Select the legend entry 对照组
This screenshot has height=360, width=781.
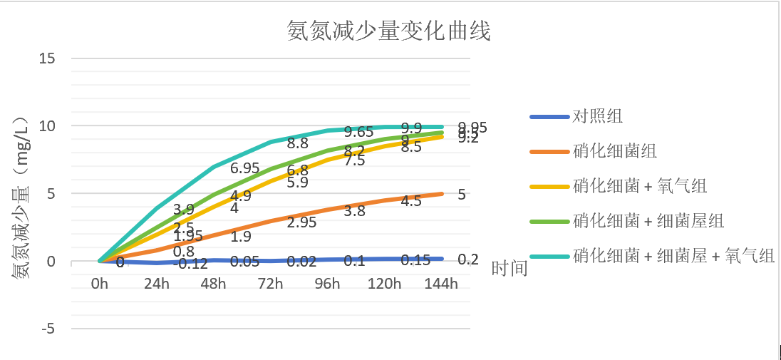598,116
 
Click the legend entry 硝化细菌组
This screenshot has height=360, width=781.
614,151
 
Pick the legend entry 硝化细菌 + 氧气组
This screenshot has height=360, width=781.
639,186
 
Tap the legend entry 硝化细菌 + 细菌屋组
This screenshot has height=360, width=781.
648,221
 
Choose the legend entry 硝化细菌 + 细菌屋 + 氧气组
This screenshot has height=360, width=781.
673,256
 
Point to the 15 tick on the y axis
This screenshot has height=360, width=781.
47,58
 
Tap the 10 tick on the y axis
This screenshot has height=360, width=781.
47,125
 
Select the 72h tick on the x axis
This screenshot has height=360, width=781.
270,284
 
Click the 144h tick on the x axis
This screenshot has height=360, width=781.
441,284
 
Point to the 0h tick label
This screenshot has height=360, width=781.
99,284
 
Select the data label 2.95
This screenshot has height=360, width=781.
301,222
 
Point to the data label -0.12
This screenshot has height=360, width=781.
189,264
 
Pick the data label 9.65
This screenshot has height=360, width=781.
358,132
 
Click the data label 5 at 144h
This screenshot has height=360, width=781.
462,194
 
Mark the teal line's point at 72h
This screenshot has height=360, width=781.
270,142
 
